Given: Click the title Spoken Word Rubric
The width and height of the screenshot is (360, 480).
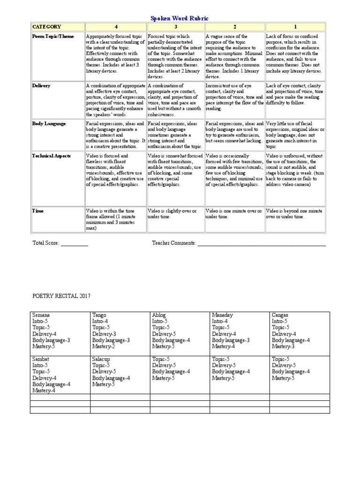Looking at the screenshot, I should coord(180,18).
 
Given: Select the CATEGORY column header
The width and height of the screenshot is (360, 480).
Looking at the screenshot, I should coord(46,27).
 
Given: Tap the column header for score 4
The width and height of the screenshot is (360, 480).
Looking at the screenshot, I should coord(116,27).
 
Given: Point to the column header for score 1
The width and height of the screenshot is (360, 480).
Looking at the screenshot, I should coord(295,27).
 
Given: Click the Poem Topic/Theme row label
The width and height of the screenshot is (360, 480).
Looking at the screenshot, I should coord(53,36).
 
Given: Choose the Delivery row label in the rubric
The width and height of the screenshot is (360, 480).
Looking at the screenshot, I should coord(41,86).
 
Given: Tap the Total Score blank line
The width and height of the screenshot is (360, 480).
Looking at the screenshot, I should coord(74,244).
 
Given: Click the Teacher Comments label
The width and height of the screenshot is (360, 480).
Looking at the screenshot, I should coord(173,243).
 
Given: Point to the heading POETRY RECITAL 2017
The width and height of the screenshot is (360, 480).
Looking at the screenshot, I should coord(61,296).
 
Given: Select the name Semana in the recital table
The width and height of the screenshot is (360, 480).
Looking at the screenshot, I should coord(41,315).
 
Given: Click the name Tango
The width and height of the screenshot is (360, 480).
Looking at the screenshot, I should coord(99,315).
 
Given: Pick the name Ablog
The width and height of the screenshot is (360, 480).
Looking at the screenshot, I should coord(159,315).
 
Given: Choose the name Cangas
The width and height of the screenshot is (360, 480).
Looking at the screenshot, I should coord(280,315).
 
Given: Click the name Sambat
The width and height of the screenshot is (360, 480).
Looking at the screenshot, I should coord(40,359).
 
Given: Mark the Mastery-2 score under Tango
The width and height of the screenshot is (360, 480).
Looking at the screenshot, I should coord(104,346).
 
